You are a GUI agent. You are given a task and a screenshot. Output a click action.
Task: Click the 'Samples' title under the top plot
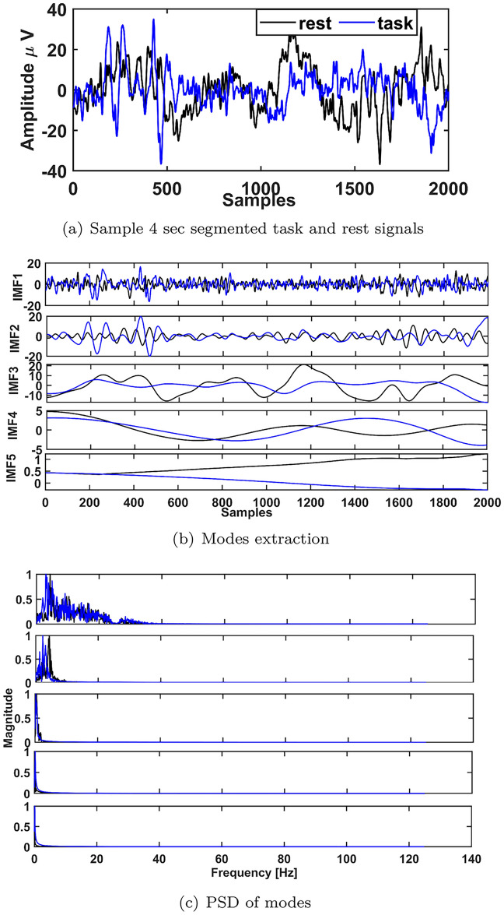(x=258, y=201)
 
